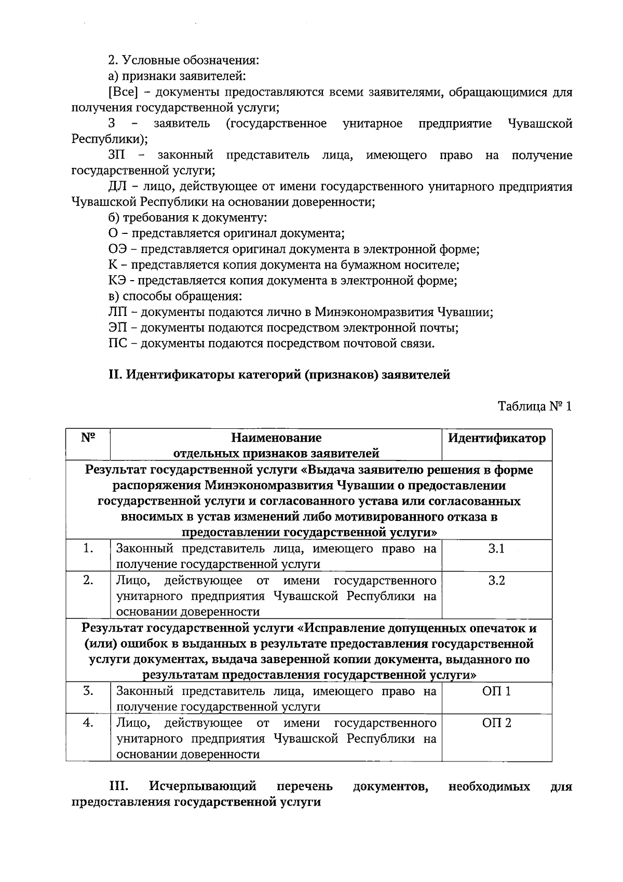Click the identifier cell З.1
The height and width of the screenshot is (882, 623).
[x=496, y=549]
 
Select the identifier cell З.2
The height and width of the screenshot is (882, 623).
[x=496, y=581]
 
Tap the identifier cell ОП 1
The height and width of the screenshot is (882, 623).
[x=496, y=692]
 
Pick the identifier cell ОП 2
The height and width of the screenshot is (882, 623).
[x=496, y=723]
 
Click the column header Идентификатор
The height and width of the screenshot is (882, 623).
[x=496, y=438]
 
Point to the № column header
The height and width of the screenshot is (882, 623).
[x=88, y=438]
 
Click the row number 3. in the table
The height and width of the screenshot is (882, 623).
[x=88, y=692]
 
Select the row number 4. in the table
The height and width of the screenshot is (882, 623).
[x=88, y=723]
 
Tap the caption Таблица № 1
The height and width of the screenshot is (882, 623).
[x=535, y=406]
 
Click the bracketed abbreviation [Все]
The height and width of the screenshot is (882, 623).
[x=123, y=93]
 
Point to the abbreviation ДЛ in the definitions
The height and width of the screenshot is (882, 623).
[x=116, y=187]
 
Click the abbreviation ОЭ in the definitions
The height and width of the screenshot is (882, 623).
[x=116, y=249]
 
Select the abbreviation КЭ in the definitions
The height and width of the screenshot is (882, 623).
[x=116, y=281]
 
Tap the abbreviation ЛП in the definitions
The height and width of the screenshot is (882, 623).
[x=116, y=313]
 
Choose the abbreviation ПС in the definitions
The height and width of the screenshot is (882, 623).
[x=116, y=344]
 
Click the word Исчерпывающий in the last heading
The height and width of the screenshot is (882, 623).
[x=204, y=786]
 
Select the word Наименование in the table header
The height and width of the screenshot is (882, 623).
[x=276, y=438]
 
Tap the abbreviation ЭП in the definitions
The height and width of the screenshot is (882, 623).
[x=116, y=328]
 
